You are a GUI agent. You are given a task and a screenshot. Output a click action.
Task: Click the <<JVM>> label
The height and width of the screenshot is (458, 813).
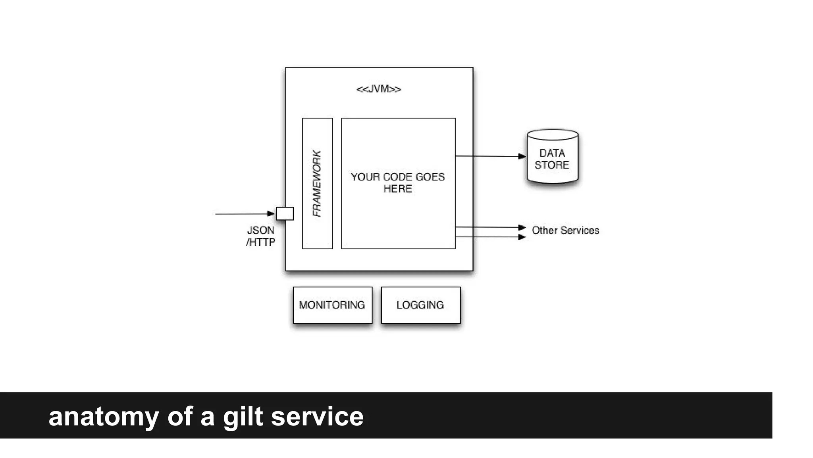coord(379,89)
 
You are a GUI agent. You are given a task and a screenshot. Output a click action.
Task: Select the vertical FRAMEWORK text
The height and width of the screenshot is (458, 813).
coord(317,184)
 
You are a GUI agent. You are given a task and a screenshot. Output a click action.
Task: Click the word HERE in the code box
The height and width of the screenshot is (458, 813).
coord(398,189)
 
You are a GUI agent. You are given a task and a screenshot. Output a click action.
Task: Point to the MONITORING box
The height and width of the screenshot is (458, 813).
coord(332,305)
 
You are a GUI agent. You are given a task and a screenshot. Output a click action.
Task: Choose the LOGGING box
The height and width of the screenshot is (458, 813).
coord(420,305)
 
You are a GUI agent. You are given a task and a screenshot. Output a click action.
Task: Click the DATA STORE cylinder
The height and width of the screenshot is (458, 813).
coord(552,157)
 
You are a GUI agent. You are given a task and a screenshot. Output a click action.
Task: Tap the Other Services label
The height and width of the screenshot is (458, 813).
coord(565,231)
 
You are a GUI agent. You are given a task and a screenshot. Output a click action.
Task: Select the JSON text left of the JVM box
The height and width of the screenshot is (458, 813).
coord(261,231)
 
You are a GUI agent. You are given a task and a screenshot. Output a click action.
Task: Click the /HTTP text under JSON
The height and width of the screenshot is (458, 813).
coord(261,242)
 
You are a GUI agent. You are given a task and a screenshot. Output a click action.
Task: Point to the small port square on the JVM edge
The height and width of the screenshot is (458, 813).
coord(285,213)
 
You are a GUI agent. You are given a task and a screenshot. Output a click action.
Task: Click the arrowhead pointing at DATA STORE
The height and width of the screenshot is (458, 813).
coord(522,157)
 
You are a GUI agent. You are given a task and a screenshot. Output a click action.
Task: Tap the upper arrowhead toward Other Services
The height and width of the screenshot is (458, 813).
coord(522,227)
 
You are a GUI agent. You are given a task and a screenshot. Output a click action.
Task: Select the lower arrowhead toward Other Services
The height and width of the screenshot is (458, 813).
coord(522,237)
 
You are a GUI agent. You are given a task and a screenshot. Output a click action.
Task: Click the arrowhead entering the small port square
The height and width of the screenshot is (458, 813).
coord(271,214)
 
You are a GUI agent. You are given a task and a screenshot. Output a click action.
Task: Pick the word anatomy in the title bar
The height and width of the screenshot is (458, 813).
coord(103,417)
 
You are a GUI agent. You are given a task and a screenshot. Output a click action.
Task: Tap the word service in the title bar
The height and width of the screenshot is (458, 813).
coord(317,416)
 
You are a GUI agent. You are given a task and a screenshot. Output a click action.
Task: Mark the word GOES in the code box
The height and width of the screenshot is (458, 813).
coord(430,177)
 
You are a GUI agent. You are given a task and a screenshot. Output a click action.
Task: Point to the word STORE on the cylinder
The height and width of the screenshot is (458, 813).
coord(552,165)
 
